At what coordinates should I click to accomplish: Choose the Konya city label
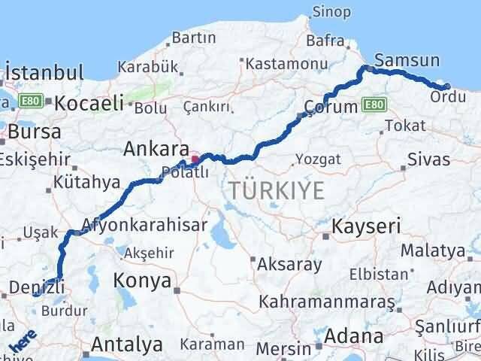pos(140,281)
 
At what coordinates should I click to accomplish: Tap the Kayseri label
pos(368,225)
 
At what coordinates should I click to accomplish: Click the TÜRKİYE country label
pos(277,191)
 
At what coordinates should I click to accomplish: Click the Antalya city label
pos(127,345)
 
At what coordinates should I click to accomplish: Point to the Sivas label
pos(428,159)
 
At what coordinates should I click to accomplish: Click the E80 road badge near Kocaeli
pos(31,100)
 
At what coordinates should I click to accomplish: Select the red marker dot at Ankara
pos(195,159)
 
